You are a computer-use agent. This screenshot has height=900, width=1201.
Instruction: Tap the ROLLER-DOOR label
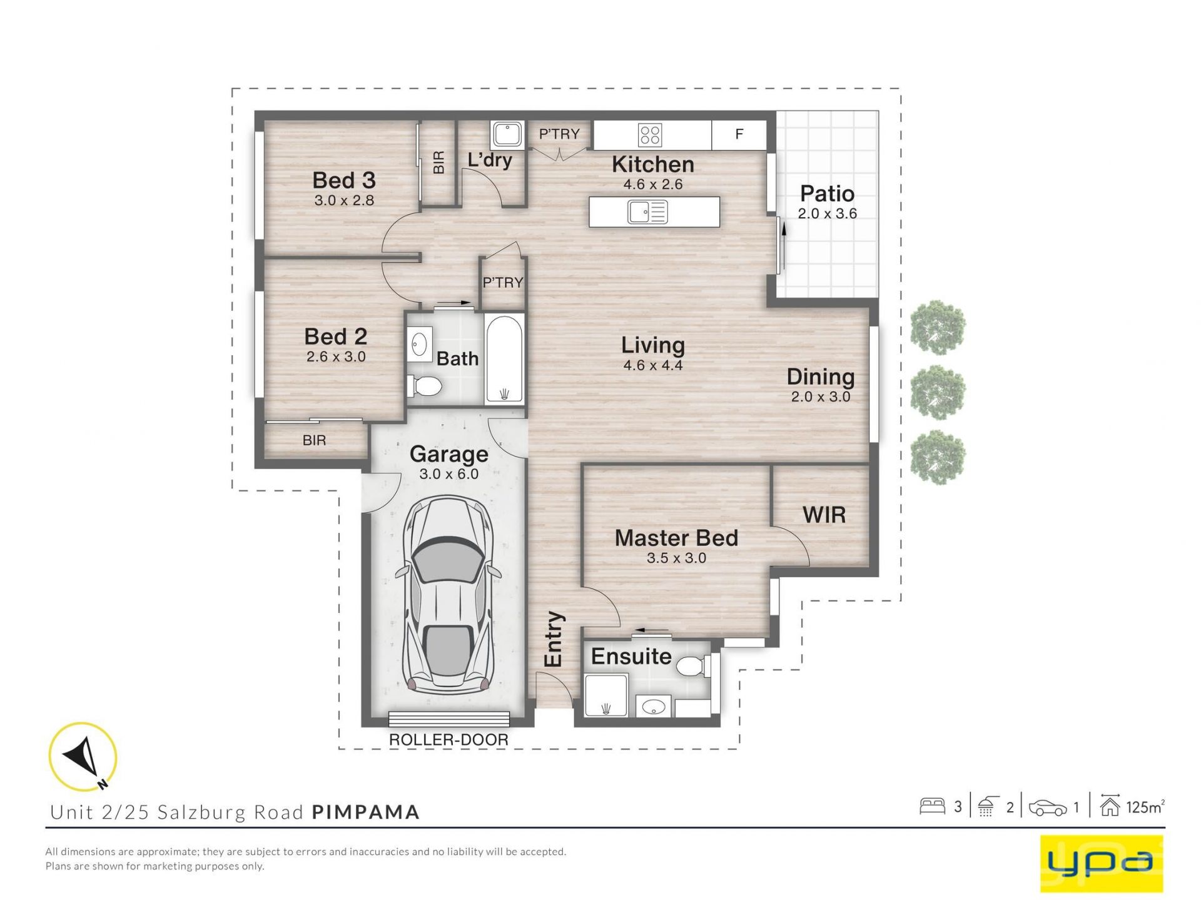[x=448, y=740]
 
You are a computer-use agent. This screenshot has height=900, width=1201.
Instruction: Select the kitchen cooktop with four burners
[x=650, y=134]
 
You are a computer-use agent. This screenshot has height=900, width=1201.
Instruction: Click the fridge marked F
[x=739, y=134]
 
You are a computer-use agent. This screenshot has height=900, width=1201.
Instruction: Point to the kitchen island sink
[x=647, y=212]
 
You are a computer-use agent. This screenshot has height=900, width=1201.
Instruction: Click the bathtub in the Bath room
[x=504, y=360]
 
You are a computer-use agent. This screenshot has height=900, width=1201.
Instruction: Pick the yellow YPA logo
[x=1101, y=863]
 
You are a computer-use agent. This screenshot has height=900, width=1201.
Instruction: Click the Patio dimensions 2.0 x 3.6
[x=827, y=214]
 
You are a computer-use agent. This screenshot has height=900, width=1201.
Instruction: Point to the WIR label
[x=824, y=515]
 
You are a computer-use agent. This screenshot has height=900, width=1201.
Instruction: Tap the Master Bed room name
[x=676, y=538]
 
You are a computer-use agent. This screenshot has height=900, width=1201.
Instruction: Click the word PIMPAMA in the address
[x=366, y=812]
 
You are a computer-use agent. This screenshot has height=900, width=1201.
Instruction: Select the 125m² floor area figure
[x=1145, y=807]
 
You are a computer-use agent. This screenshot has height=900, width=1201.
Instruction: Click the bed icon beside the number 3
[x=931, y=806]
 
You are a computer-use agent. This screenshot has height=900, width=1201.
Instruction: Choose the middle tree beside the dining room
[x=938, y=393]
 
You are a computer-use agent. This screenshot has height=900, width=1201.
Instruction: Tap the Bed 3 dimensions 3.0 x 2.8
[x=344, y=201]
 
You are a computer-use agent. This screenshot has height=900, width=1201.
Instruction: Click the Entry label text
[x=554, y=639]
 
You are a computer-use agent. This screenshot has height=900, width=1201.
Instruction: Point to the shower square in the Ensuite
[x=605, y=695]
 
